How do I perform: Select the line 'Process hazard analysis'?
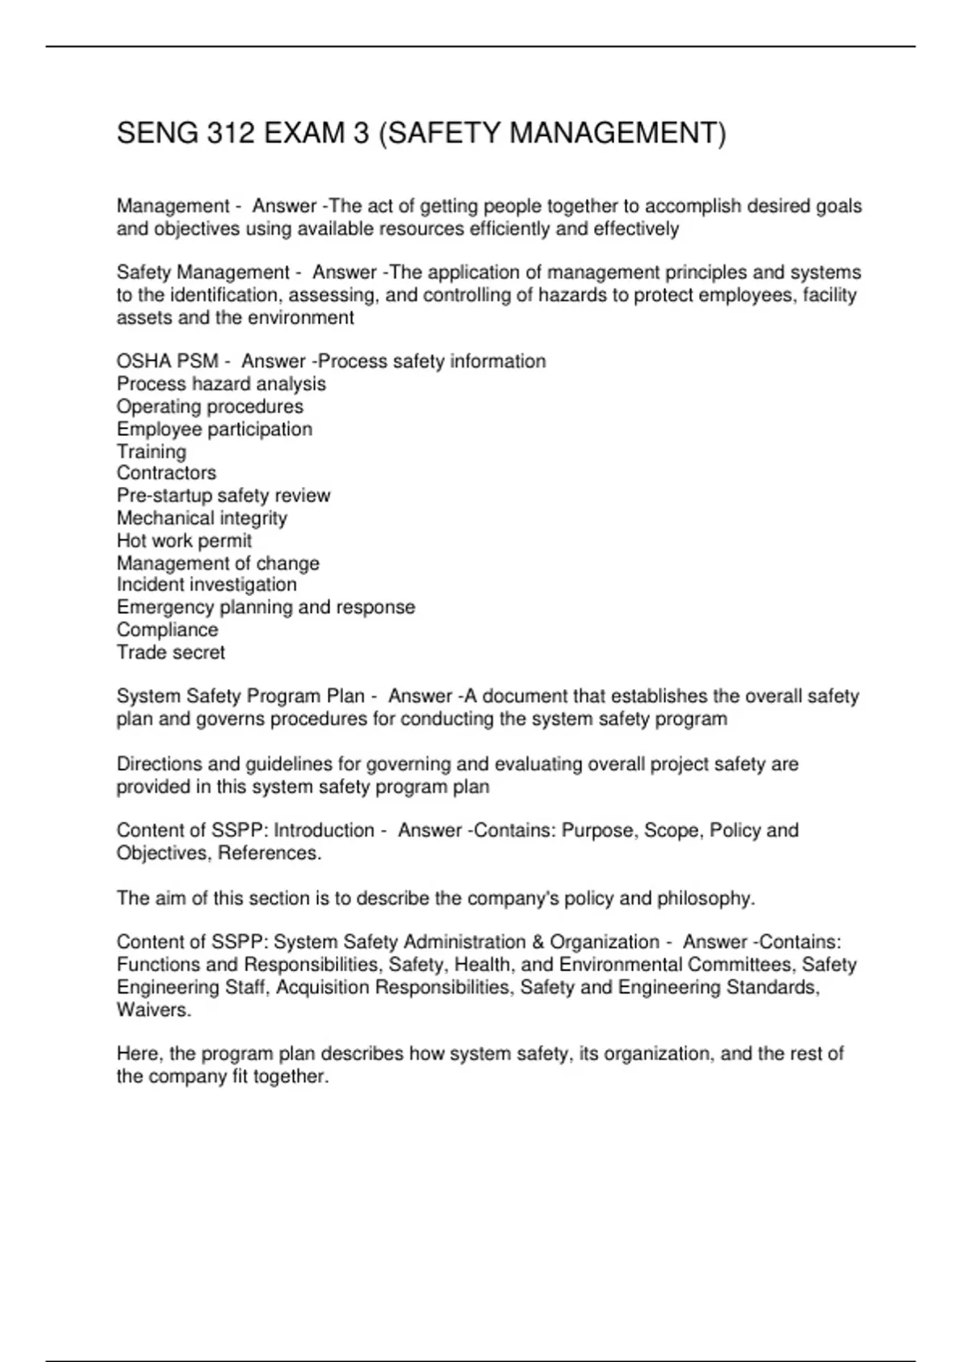coord(221,384)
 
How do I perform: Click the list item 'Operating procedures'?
coord(210,406)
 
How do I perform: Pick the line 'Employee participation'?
coord(214,429)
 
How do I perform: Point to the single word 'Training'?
coord(152,451)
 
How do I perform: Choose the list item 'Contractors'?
coord(166,473)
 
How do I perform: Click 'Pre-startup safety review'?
coord(223,495)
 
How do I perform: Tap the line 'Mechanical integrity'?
coord(201,518)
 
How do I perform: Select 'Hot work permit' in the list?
coord(184,540)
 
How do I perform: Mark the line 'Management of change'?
coord(217,562)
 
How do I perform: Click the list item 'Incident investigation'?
coord(206,585)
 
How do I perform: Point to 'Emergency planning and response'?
coord(265,607)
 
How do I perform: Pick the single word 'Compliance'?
coord(167,630)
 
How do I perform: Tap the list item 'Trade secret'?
coord(170,652)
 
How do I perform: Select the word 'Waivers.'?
coord(154,1009)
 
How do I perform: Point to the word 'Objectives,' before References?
coord(164,853)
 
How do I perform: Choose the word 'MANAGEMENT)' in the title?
coord(617,133)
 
